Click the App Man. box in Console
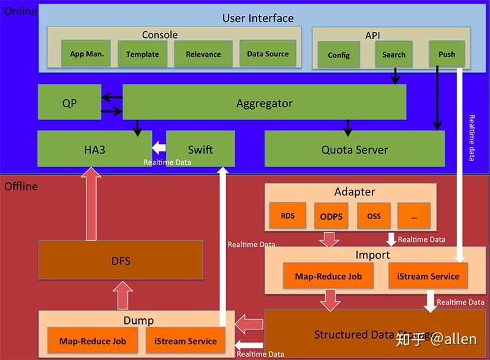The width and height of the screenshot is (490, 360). [x=87, y=54]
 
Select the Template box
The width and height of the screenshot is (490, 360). [x=143, y=54]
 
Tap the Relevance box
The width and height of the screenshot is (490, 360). [x=203, y=54]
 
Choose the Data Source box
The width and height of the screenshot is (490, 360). [x=268, y=54]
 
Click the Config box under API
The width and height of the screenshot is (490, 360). [x=339, y=54]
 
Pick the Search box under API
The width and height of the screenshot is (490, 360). [x=394, y=54]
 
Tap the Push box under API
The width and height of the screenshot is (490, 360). [x=447, y=54]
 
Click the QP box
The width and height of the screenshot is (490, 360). [x=69, y=103]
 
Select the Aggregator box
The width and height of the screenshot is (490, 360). [x=265, y=103]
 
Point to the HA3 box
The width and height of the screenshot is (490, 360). [x=94, y=149]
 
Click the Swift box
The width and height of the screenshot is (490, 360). [x=200, y=149]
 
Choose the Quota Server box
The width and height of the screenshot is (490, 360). [x=355, y=149]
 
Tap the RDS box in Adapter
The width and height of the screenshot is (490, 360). [x=287, y=216]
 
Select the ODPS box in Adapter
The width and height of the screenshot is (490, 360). [x=331, y=216]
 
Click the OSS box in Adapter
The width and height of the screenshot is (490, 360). [x=374, y=216]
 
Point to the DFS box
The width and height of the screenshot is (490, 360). [x=121, y=260]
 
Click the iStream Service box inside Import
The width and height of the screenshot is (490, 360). [x=428, y=276]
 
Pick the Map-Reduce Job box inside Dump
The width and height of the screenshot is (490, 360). [x=92, y=341]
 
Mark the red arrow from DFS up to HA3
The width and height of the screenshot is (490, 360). [x=91, y=205]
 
